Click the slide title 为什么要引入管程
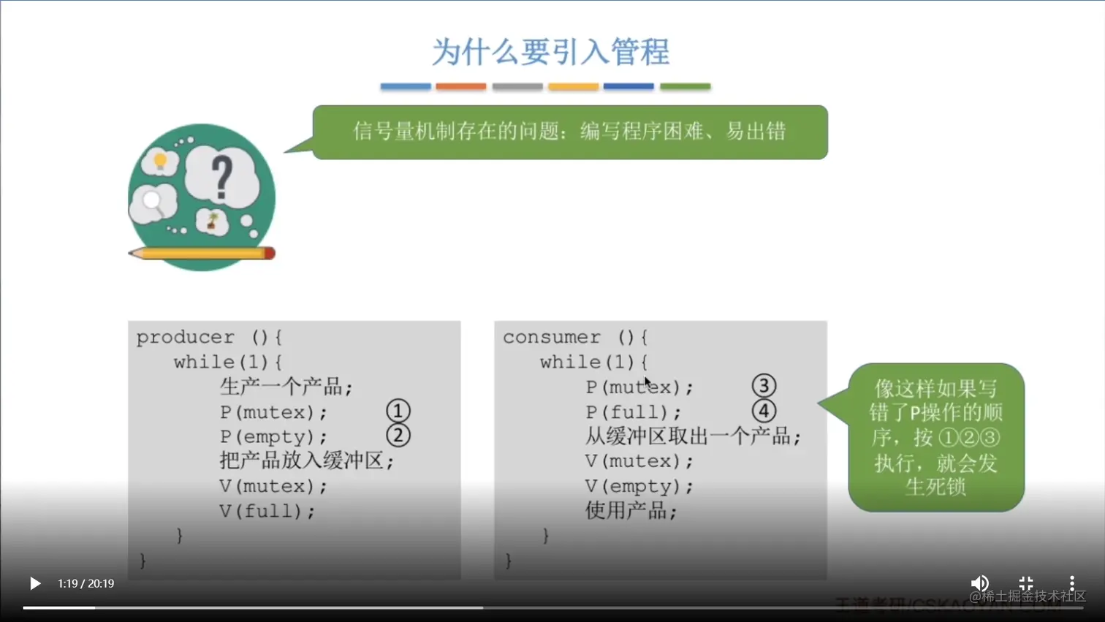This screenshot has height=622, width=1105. point(550,52)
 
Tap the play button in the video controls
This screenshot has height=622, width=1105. point(34,583)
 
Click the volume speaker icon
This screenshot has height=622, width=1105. point(979,583)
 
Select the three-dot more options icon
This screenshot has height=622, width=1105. point(1071,583)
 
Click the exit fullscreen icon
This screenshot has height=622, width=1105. point(1026,583)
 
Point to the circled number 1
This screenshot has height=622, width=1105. point(398,411)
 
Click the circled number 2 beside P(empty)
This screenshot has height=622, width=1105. point(398,436)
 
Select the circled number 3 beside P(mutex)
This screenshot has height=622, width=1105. point(764,386)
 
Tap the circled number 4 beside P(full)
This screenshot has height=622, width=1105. point(764,411)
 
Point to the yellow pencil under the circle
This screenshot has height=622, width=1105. point(202,254)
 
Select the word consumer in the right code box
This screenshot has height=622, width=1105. point(552,338)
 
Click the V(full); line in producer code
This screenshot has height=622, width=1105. point(267,511)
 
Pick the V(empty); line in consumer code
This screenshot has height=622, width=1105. point(639,486)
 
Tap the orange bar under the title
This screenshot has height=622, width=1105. point(460,86)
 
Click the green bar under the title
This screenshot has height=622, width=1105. point(685,86)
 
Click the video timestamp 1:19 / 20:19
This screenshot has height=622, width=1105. point(86,583)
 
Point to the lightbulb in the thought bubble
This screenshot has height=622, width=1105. point(160,161)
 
